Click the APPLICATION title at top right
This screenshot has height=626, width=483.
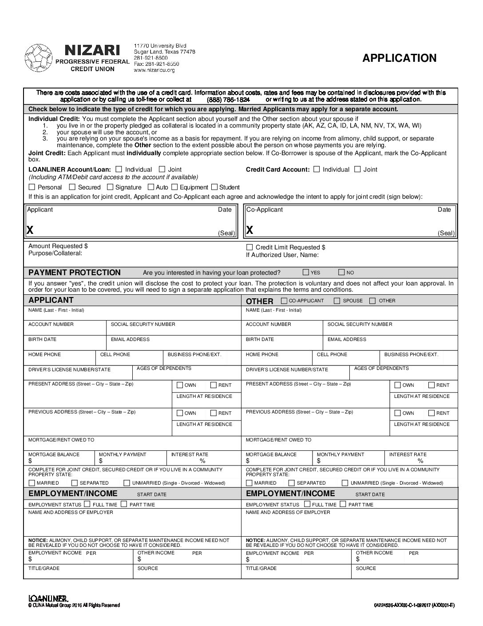click(399, 58)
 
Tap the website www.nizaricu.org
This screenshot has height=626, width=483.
click(154, 70)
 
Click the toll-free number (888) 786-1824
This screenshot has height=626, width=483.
click(228, 100)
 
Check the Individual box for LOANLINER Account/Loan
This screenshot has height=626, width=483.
click(119, 169)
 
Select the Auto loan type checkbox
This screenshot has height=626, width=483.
click(151, 187)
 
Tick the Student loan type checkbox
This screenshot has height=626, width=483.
click(214, 187)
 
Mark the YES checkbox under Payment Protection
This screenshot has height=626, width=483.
click(306, 272)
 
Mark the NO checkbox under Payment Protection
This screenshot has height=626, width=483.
click(341, 272)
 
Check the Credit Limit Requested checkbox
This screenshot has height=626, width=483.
click(249, 247)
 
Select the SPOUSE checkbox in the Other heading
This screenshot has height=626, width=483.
click(337, 301)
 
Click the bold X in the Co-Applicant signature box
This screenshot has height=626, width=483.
click(250, 230)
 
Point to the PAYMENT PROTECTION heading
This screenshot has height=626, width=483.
click(75, 273)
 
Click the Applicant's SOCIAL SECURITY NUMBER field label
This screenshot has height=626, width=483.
click(143, 325)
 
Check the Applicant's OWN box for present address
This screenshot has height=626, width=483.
click(180, 385)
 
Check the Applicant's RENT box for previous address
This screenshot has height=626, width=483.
click(214, 413)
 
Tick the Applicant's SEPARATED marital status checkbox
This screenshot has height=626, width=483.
click(75, 483)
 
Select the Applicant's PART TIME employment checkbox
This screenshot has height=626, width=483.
click(124, 504)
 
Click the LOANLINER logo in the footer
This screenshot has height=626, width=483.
click(48, 598)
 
